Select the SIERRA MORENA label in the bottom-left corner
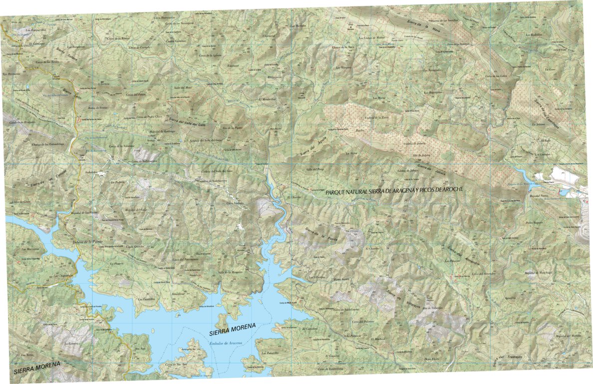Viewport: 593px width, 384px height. pos(37,368)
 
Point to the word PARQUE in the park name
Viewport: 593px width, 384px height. pos(337,192)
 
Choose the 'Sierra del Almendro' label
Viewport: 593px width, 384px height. pos(464,257)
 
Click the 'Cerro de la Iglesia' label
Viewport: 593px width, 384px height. pos(210,55)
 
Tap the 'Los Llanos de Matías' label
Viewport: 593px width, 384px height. pos(372,37)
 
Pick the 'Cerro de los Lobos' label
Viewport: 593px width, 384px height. pos(496,76)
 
